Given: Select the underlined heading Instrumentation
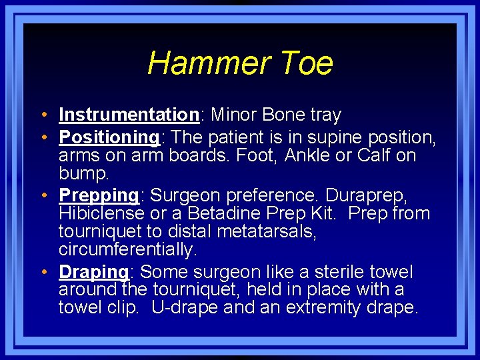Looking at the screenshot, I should [129, 115].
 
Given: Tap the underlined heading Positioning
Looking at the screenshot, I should [109, 137].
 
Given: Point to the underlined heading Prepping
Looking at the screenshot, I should [99, 196].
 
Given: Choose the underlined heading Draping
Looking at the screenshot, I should [93, 272].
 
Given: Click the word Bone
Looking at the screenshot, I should [284, 115].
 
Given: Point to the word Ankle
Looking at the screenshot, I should [313, 156].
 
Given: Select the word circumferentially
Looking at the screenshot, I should [127, 250].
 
